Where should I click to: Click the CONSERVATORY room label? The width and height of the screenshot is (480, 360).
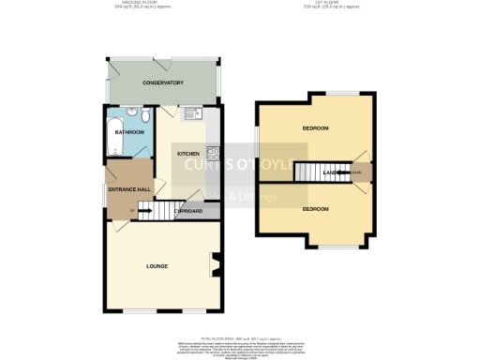point(162,83)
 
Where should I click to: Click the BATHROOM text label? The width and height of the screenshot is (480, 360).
point(129,133)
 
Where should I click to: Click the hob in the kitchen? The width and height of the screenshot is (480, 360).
point(214,153)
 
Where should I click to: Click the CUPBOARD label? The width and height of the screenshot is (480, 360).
point(189,211)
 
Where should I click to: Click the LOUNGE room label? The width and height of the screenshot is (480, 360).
point(157,267)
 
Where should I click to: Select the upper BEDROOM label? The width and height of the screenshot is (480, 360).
point(314,127)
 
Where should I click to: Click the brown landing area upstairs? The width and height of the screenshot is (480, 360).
point(357,172)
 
